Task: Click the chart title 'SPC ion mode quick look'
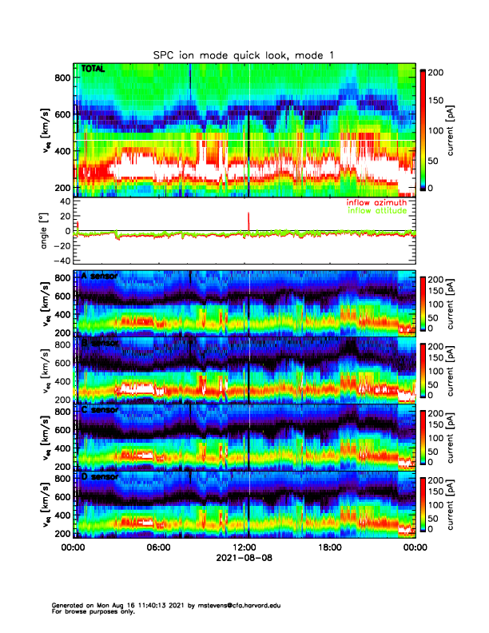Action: coord(232,54)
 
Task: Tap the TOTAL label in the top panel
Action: coord(91,70)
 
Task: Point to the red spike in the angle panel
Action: coord(249,220)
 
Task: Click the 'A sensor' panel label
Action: coord(99,277)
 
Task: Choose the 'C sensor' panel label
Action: coord(99,410)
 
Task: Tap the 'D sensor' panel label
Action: coord(99,477)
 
